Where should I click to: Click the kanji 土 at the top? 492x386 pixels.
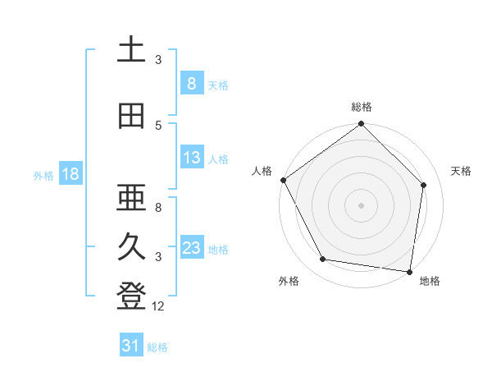[131, 50]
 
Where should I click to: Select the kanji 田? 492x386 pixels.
[131, 116]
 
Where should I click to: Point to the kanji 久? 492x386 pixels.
[131, 247]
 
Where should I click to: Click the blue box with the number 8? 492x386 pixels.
[191, 83]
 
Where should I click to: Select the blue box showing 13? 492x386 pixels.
[191, 158]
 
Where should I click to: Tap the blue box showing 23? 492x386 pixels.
[191, 248]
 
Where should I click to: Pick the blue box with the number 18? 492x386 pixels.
[70, 174]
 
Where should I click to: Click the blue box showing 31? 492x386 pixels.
[131, 346]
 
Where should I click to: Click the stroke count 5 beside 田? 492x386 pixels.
[158, 125]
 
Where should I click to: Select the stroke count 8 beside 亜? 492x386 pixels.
[158, 207]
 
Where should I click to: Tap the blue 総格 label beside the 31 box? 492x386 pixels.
[157, 347]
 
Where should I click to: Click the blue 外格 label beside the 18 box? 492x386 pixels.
[43, 175]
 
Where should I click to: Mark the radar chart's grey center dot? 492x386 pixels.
[361, 204]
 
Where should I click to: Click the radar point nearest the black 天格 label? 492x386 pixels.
[424, 185]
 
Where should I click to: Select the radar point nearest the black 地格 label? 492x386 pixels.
[409, 271]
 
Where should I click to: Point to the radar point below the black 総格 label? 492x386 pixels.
[361, 125]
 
